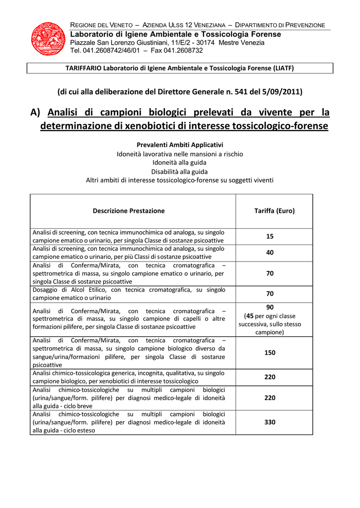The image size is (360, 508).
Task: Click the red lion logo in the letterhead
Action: tap(48, 38)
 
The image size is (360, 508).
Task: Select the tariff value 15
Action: tap(270, 237)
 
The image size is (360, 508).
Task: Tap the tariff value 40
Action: tap(270, 253)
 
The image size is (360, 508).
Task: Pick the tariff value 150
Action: tap(270, 353)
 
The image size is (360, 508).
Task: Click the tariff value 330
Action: tap(270, 423)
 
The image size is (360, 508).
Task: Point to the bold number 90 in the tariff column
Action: tap(270, 308)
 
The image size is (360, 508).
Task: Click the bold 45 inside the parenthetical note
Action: tap(250, 316)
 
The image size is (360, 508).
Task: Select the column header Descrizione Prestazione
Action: tap(129, 211)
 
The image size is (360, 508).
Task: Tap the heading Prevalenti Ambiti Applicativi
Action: tap(180, 144)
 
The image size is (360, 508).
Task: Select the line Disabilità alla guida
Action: tap(179, 171)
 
